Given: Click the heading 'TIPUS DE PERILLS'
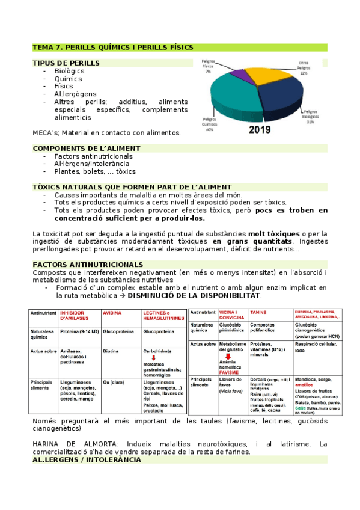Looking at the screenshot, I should tap(66, 63).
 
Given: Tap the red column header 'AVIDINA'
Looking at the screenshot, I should tap(113, 313).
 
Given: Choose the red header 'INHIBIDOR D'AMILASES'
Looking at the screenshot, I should tap(77, 316).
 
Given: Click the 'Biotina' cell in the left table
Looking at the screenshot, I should tap(112, 349).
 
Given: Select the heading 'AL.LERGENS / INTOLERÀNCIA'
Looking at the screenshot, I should tap(87, 459).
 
